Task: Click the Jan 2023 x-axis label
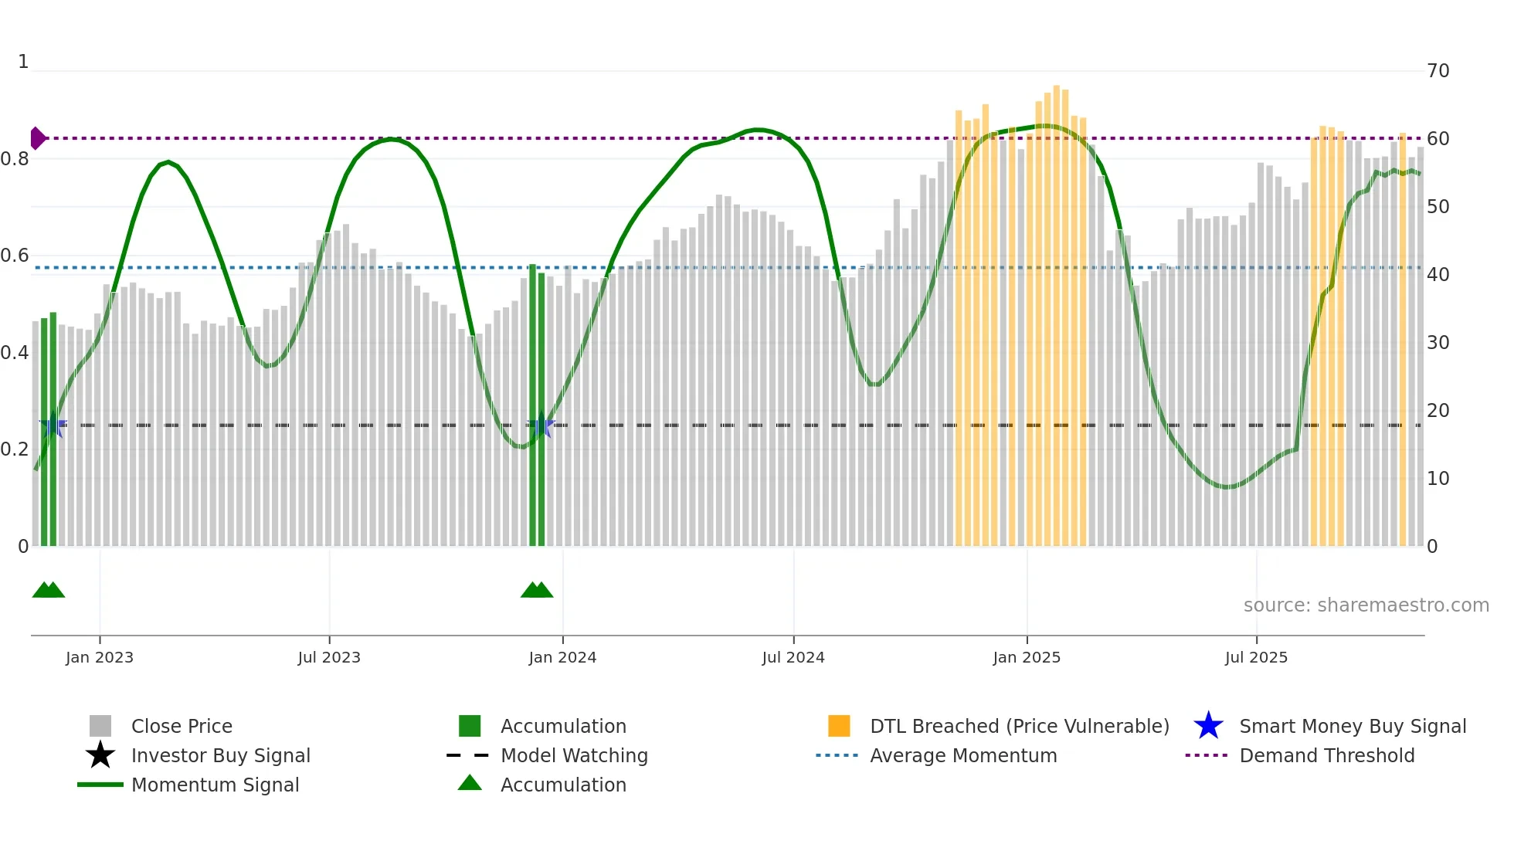[100, 657]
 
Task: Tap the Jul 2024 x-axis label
[793, 657]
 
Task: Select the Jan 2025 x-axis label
[1027, 657]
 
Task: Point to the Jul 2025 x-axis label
[1256, 657]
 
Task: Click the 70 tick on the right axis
[1438, 71]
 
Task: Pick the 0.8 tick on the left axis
[15, 159]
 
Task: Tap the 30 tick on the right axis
[1438, 342]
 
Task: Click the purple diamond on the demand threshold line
[37, 138]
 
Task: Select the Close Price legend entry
[182, 726]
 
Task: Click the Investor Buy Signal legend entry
[220, 755]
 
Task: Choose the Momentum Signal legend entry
[215, 785]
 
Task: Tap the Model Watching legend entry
[574, 755]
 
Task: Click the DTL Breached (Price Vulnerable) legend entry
[1019, 726]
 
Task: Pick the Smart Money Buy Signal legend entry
[1353, 726]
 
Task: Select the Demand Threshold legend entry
[1326, 755]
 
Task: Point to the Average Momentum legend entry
[963, 755]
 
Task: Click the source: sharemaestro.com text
[1366, 605]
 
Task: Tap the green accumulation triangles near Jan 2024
[537, 591]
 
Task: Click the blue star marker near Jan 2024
[541, 425]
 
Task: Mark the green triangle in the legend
[470, 783]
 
